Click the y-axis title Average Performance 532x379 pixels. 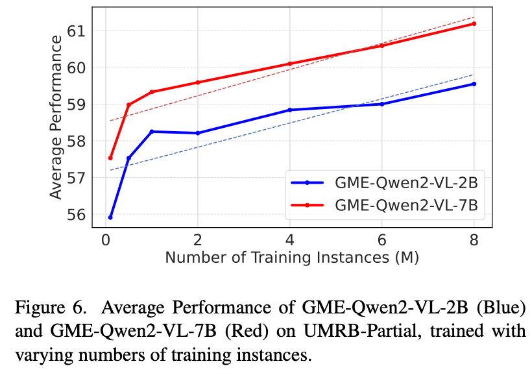tap(56, 117)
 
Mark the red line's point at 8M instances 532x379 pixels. tap(474, 23)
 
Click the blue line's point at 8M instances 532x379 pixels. tap(474, 84)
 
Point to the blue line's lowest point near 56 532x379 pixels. tap(110, 217)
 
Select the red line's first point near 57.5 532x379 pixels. tap(110, 158)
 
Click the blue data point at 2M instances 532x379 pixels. tap(197, 133)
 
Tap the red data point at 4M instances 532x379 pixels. tap(289, 64)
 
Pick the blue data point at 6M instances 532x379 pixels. tap(381, 104)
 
